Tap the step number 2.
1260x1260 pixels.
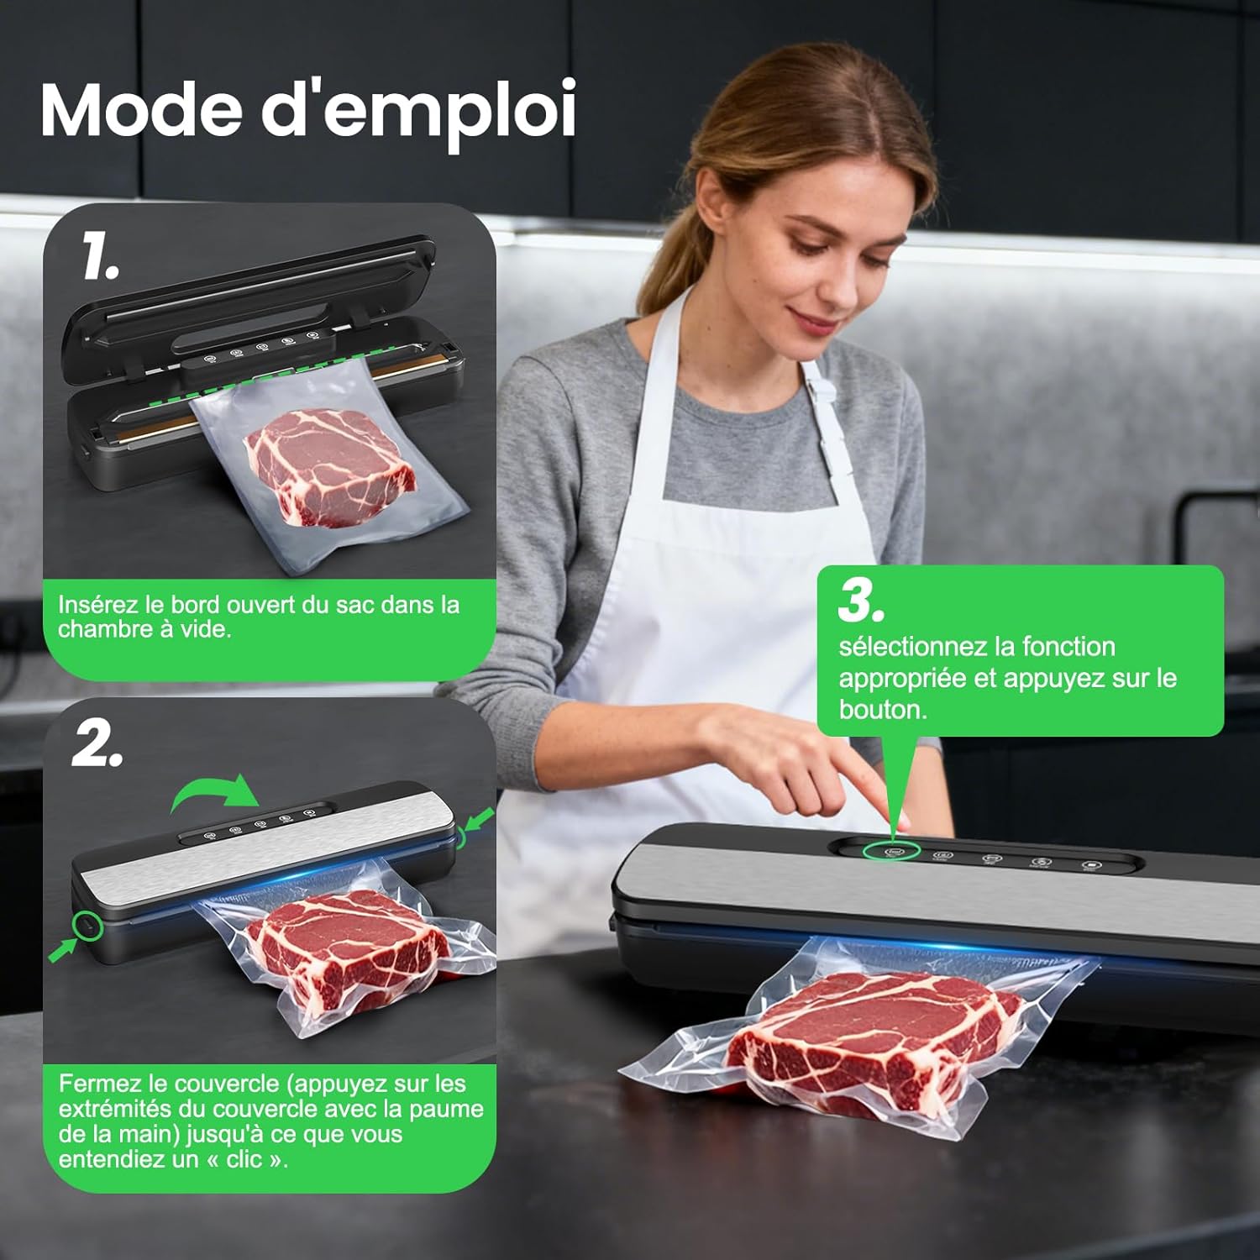click(x=97, y=743)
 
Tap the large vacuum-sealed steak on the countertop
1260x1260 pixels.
click(x=874, y=1042)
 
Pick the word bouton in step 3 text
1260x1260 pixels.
click(x=882, y=710)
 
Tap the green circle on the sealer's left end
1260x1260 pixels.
click(x=86, y=925)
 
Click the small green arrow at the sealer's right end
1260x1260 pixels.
click(x=476, y=819)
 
